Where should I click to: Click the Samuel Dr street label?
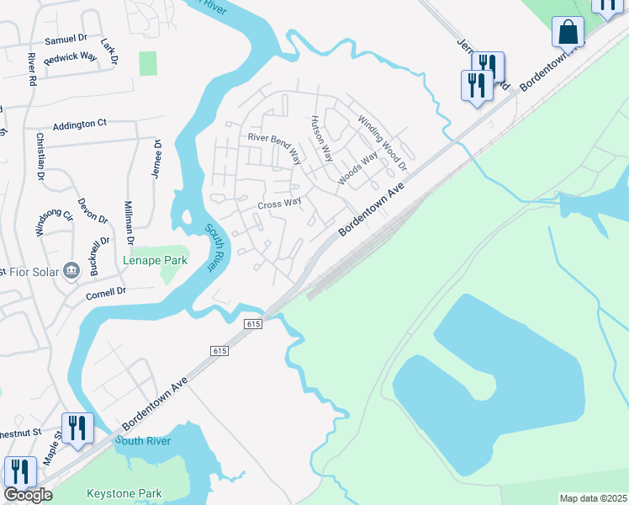66,39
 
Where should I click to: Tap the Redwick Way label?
71,56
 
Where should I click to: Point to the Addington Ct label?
80,124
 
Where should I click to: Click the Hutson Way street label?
323,137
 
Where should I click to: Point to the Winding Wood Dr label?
383,141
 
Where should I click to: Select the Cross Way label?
280,203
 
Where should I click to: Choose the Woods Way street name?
358,170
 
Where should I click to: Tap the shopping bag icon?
568,33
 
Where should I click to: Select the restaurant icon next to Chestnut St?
77,428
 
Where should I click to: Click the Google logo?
28,495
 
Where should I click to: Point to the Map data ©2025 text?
593,498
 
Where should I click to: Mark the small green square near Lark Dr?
148,63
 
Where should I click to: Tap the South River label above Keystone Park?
143,441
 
